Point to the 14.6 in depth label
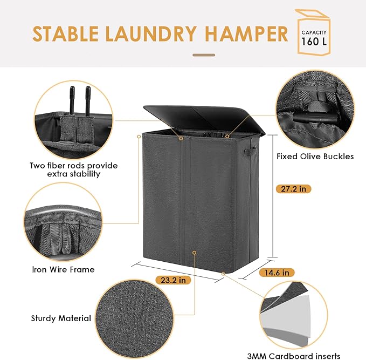278,273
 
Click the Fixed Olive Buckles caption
315,157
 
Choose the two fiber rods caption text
74,170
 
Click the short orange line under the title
204,55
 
